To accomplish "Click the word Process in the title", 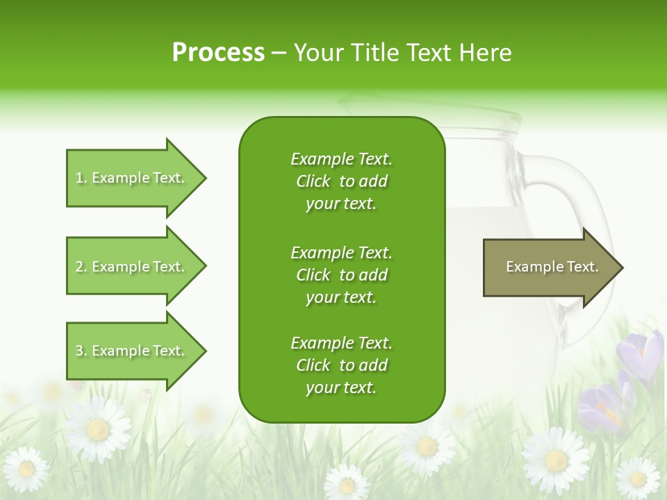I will (x=218, y=53).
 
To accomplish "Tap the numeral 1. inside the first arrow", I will (x=81, y=178).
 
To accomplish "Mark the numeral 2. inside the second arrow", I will (x=81, y=267).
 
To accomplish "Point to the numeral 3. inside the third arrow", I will (x=81, y=351).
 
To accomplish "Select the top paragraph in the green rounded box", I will (x=341, y=181).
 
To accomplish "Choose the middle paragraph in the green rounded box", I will (x=341, y=275).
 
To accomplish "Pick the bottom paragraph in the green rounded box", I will (x=341, y=365).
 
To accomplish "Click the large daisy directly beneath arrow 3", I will (x=98, y=428).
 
